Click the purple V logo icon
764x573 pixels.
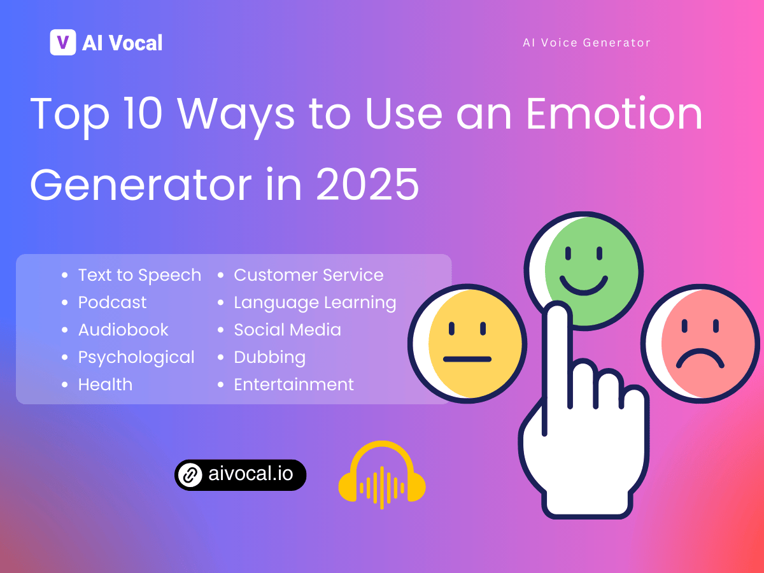pos(63,43)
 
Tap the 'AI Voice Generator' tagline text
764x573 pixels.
pos(586,43)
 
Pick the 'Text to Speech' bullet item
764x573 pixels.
pos(139,275)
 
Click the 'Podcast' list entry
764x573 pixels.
pos(112,302)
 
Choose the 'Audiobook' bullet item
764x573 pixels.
pos(124,330)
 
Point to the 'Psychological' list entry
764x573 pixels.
pos(136,357)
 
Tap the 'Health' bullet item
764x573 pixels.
pos(105,385)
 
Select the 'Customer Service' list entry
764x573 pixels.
pos(308,275)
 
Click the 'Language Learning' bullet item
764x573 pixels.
pos(315,302)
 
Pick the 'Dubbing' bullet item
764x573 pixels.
pos(269,357)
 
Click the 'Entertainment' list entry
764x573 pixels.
pos(294,385)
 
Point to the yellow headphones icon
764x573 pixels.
pos(381,474)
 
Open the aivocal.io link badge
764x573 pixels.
pos(241,475)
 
